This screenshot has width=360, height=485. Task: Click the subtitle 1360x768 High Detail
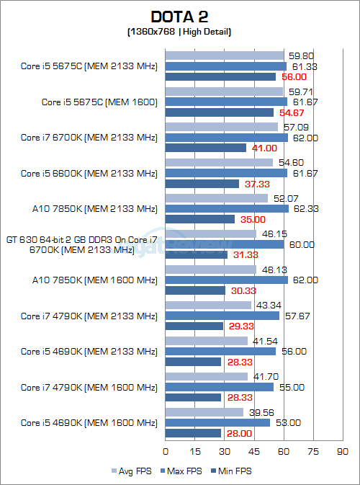(179, 32)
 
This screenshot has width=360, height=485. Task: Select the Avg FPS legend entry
(132, 471)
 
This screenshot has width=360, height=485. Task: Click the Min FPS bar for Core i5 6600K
(202, 184)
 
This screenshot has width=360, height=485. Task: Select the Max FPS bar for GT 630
(225, 244)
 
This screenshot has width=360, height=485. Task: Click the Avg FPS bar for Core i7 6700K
(222, 127)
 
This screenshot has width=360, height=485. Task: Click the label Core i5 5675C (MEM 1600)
(99, 102)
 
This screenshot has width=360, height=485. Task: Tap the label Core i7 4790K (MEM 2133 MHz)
(89, 316)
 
